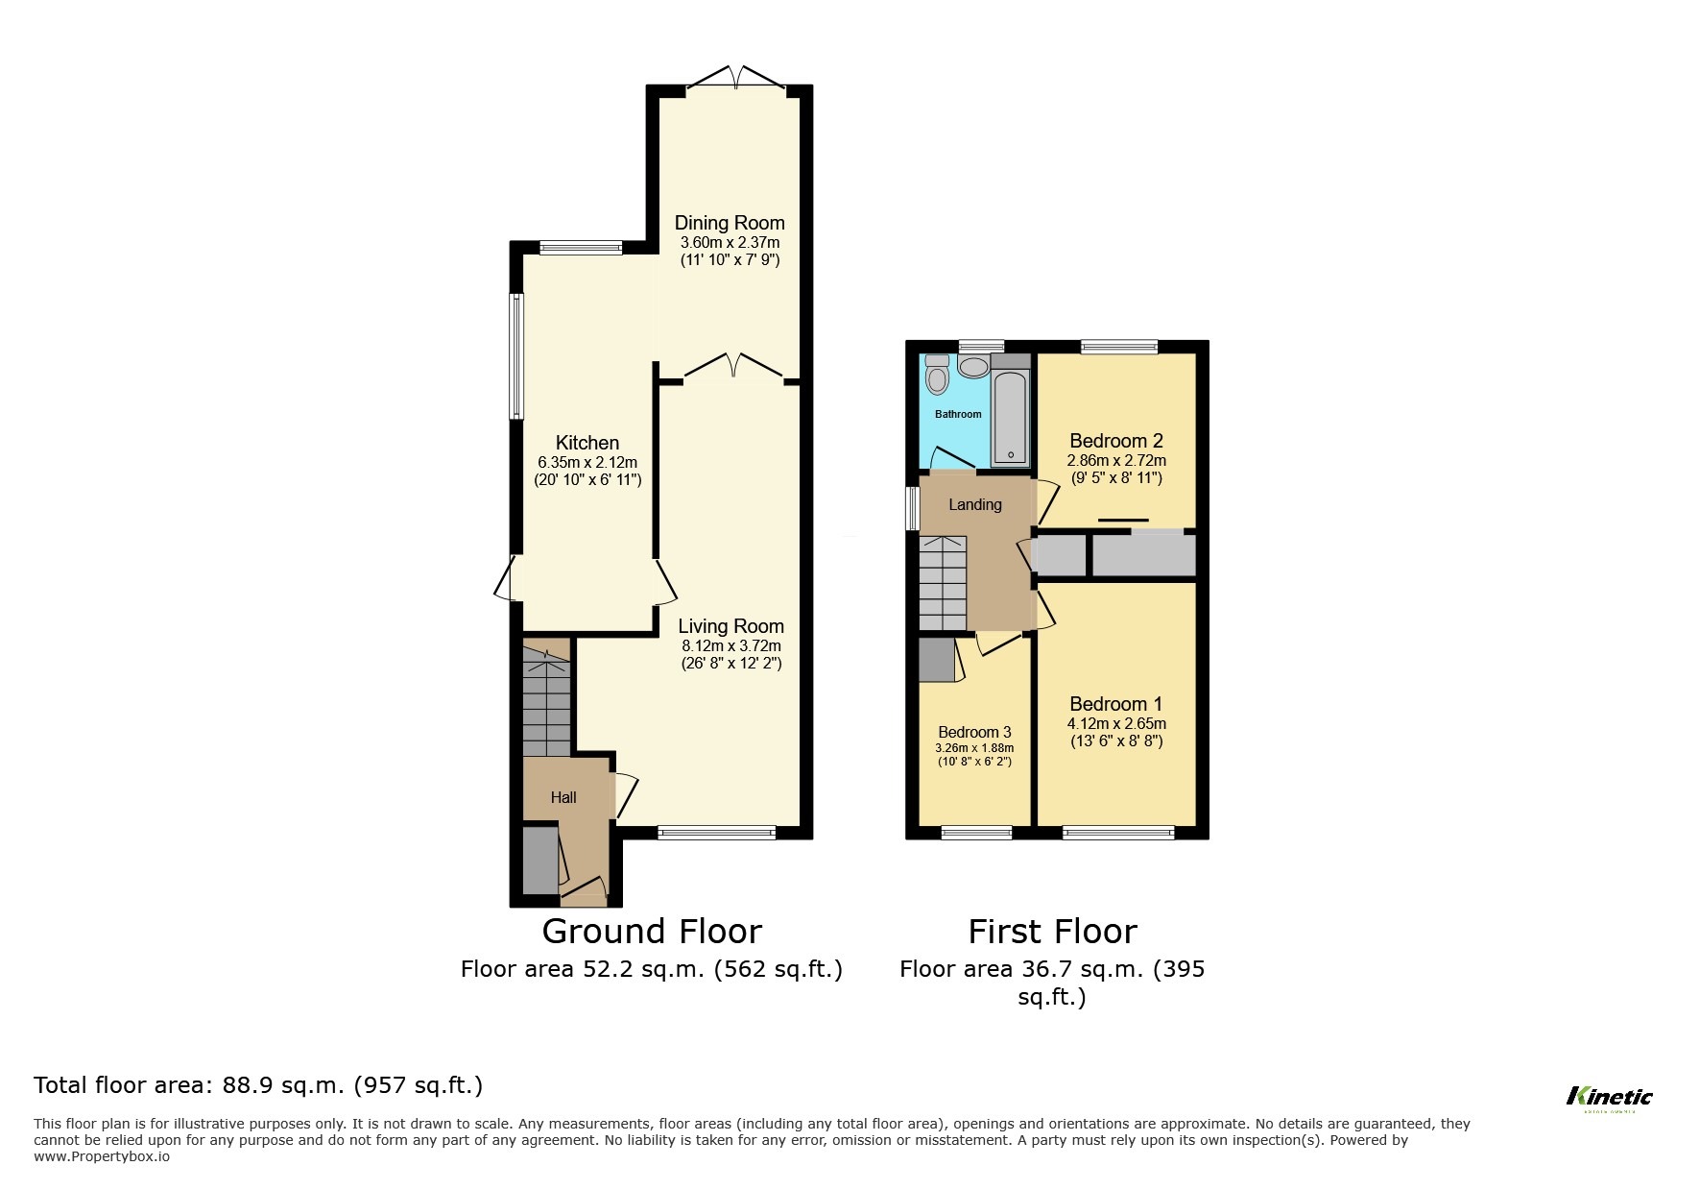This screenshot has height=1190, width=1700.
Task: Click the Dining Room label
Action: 730,223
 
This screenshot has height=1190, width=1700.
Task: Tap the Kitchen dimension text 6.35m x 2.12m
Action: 587,462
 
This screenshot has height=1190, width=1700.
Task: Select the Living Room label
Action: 730,626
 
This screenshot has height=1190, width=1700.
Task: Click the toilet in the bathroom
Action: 937,376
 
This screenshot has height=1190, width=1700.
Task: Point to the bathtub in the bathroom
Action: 1010,418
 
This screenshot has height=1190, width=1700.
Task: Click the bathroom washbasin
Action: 975,367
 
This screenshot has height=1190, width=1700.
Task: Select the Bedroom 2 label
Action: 1116,441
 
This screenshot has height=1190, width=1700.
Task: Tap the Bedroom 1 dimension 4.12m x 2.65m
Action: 1116,724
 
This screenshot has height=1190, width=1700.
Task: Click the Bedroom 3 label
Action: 974,732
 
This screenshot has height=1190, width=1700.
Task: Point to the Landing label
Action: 974,504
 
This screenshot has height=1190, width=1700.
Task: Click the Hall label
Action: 563,797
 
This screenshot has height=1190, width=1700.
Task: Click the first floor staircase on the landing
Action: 943,584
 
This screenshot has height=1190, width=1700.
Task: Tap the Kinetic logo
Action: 1609,1097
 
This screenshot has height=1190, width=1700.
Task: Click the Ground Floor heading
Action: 652,932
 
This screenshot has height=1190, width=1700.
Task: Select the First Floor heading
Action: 1052,932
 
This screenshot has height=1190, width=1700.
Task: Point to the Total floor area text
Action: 258,1085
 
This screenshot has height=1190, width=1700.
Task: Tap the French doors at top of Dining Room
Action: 735,79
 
